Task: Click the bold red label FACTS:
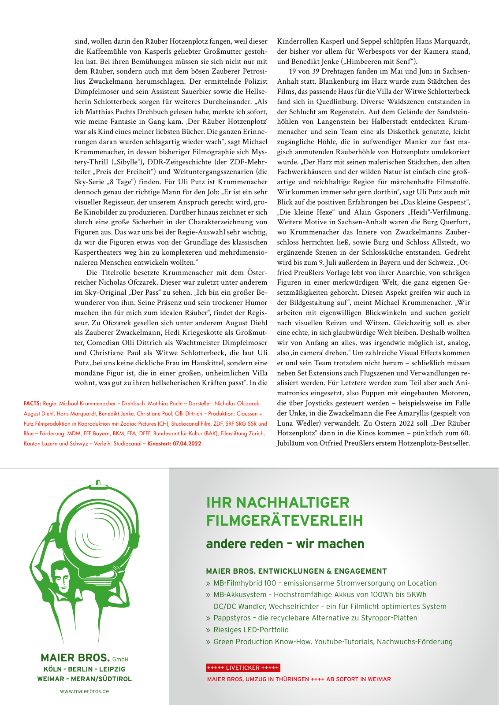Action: (32, 403)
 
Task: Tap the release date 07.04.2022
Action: (187, 443)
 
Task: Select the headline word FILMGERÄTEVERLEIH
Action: (284, 520)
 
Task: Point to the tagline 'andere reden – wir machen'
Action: (285, 544)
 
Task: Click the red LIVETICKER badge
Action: (243, 668)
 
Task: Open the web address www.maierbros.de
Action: (85, 691)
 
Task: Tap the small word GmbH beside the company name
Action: (120, 660)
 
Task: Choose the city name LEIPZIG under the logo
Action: (112, 669)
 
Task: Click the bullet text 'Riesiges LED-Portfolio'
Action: (251, 630)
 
